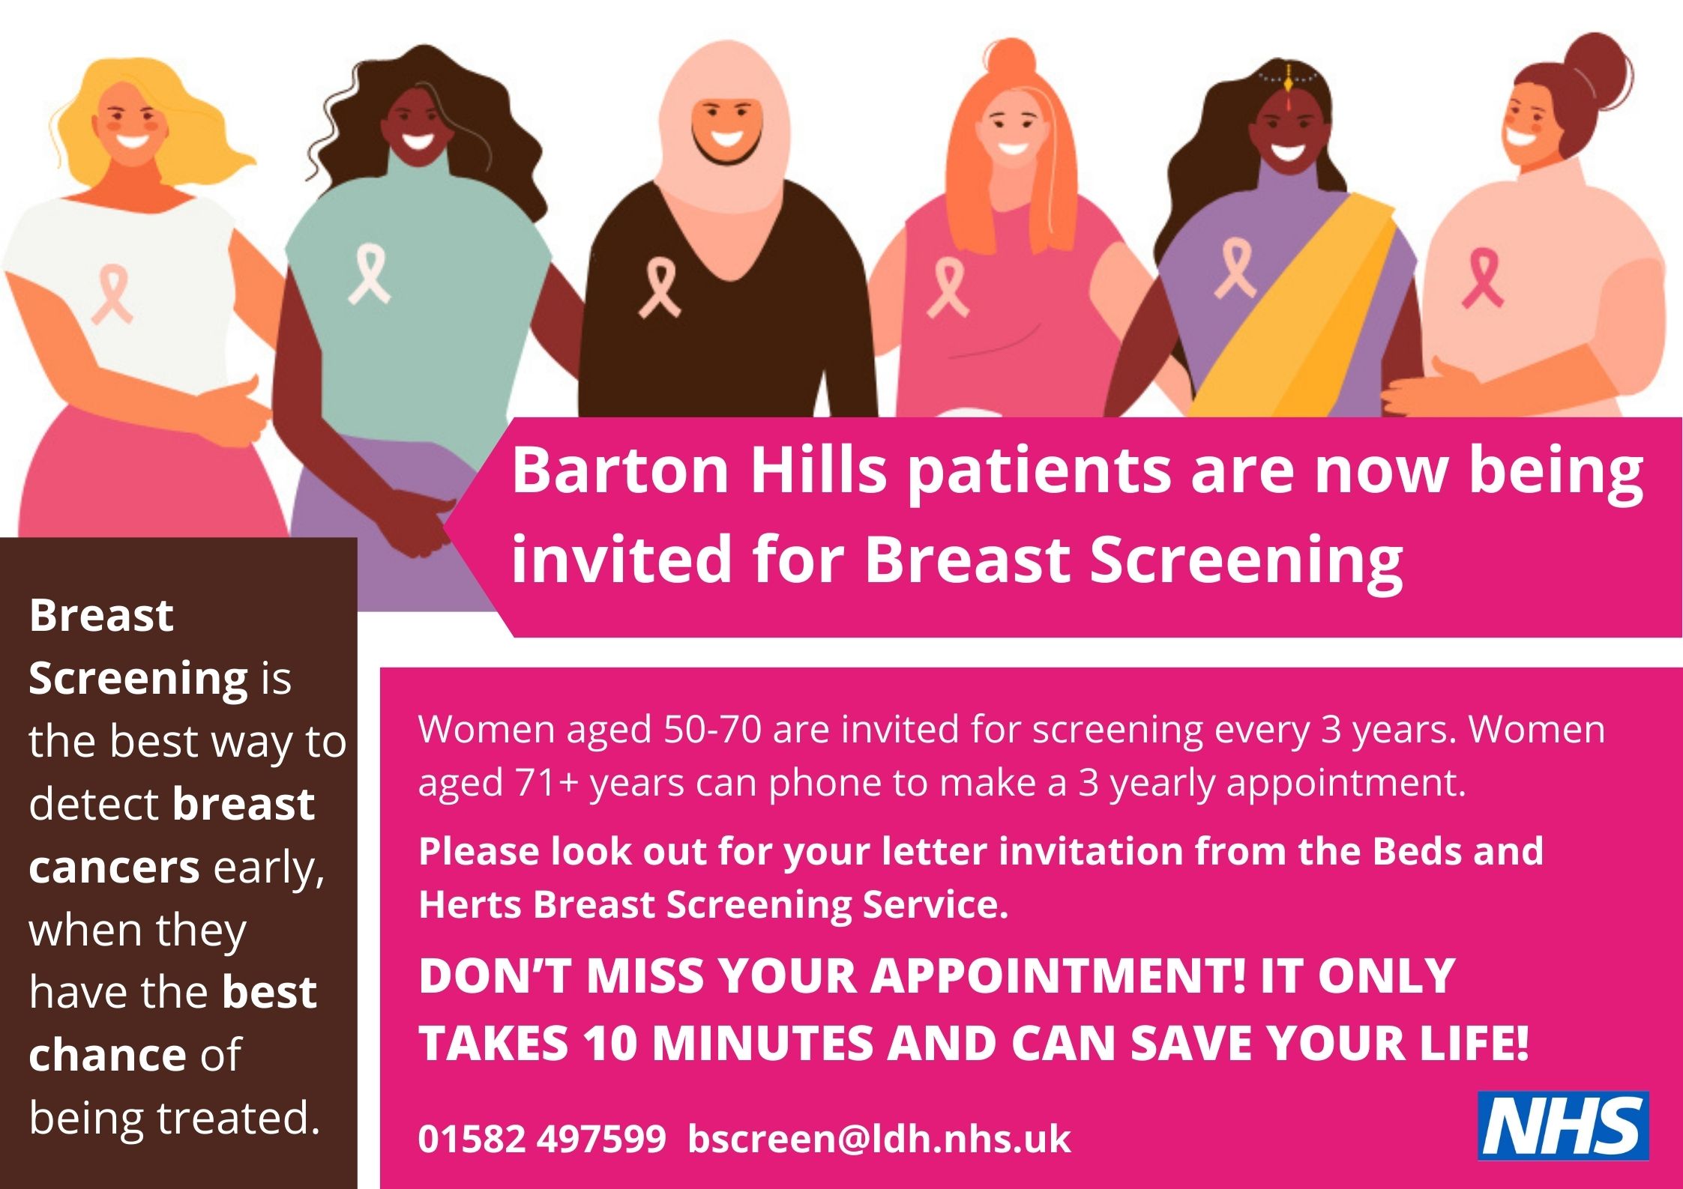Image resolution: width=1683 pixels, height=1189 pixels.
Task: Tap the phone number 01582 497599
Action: point(542,1139)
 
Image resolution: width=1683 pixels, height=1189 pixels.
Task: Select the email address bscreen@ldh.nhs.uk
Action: point(879,1139)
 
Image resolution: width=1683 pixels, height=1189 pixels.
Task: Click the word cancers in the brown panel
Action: point(114,868)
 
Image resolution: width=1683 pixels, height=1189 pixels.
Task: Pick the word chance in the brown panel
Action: point(107,1055)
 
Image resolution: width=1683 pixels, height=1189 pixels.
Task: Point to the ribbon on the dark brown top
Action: point(659,287)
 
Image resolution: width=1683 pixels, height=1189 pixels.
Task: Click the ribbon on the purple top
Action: point(1234,267)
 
